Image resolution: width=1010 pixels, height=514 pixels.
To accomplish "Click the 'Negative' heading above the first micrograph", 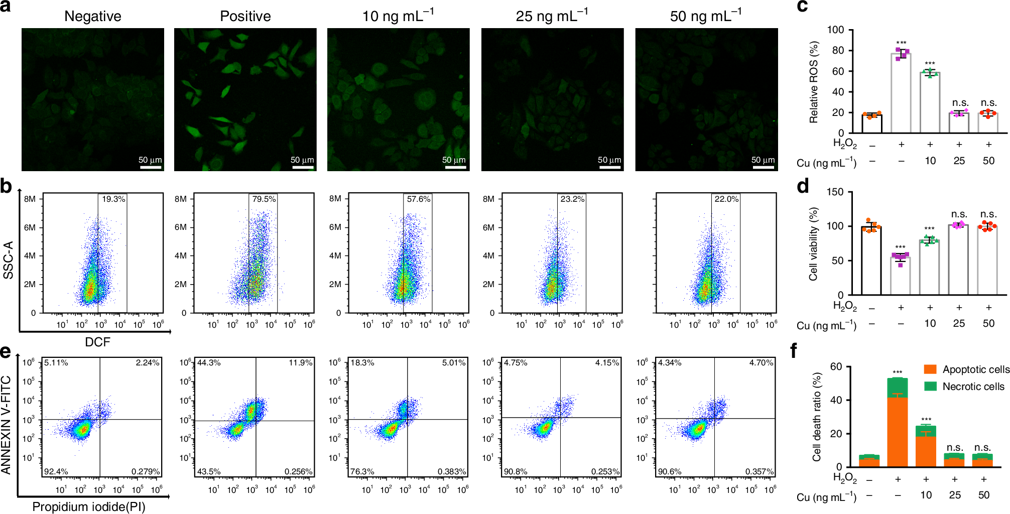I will (x=93, y=17).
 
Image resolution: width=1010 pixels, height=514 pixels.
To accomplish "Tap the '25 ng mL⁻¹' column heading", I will (x=552, y=16).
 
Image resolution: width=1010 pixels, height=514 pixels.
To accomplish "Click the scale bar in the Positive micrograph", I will (x=303, y=167).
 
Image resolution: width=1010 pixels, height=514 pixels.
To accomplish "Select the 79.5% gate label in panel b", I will (x=264, y=199).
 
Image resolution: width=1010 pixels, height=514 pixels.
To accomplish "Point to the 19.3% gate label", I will (x=113, y=199).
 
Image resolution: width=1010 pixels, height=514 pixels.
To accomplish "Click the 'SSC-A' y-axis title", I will (x=8, y=260).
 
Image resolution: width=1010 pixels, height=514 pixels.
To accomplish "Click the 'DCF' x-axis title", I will (x=97, y=342).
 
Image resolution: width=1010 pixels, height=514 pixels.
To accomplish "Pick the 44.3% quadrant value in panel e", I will (x=209, y=362).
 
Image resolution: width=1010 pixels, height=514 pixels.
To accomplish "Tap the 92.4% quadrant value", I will (x=56, y=471).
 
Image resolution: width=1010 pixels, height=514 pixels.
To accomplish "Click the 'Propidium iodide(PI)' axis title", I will (x=89, y=507).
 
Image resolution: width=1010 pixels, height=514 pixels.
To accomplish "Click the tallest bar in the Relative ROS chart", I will (x=901, y=93).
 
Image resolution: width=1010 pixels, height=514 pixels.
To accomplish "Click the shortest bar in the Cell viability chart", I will (x=900, y=276).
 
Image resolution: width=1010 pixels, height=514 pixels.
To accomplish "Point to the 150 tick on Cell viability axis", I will (x=835, y=192).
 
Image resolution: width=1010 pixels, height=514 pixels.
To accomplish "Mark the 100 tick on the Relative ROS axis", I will (x=836, y=30).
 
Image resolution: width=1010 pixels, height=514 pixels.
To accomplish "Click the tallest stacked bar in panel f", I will (x=897, y=422).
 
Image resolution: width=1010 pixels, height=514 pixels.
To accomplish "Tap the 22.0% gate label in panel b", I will (x=726, y=199).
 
